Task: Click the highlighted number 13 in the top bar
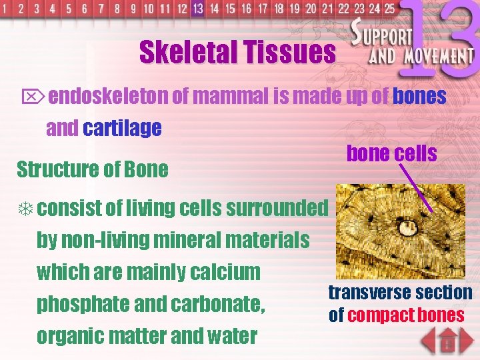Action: tap(197, 9)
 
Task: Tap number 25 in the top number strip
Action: tap(388, 9)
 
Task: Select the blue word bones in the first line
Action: tap(419, 97)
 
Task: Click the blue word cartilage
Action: tap(122, 128)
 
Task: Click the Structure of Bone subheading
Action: tap(92, 169)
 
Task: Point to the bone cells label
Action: tap(391, 153)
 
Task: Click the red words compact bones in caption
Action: tap(406, 315)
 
